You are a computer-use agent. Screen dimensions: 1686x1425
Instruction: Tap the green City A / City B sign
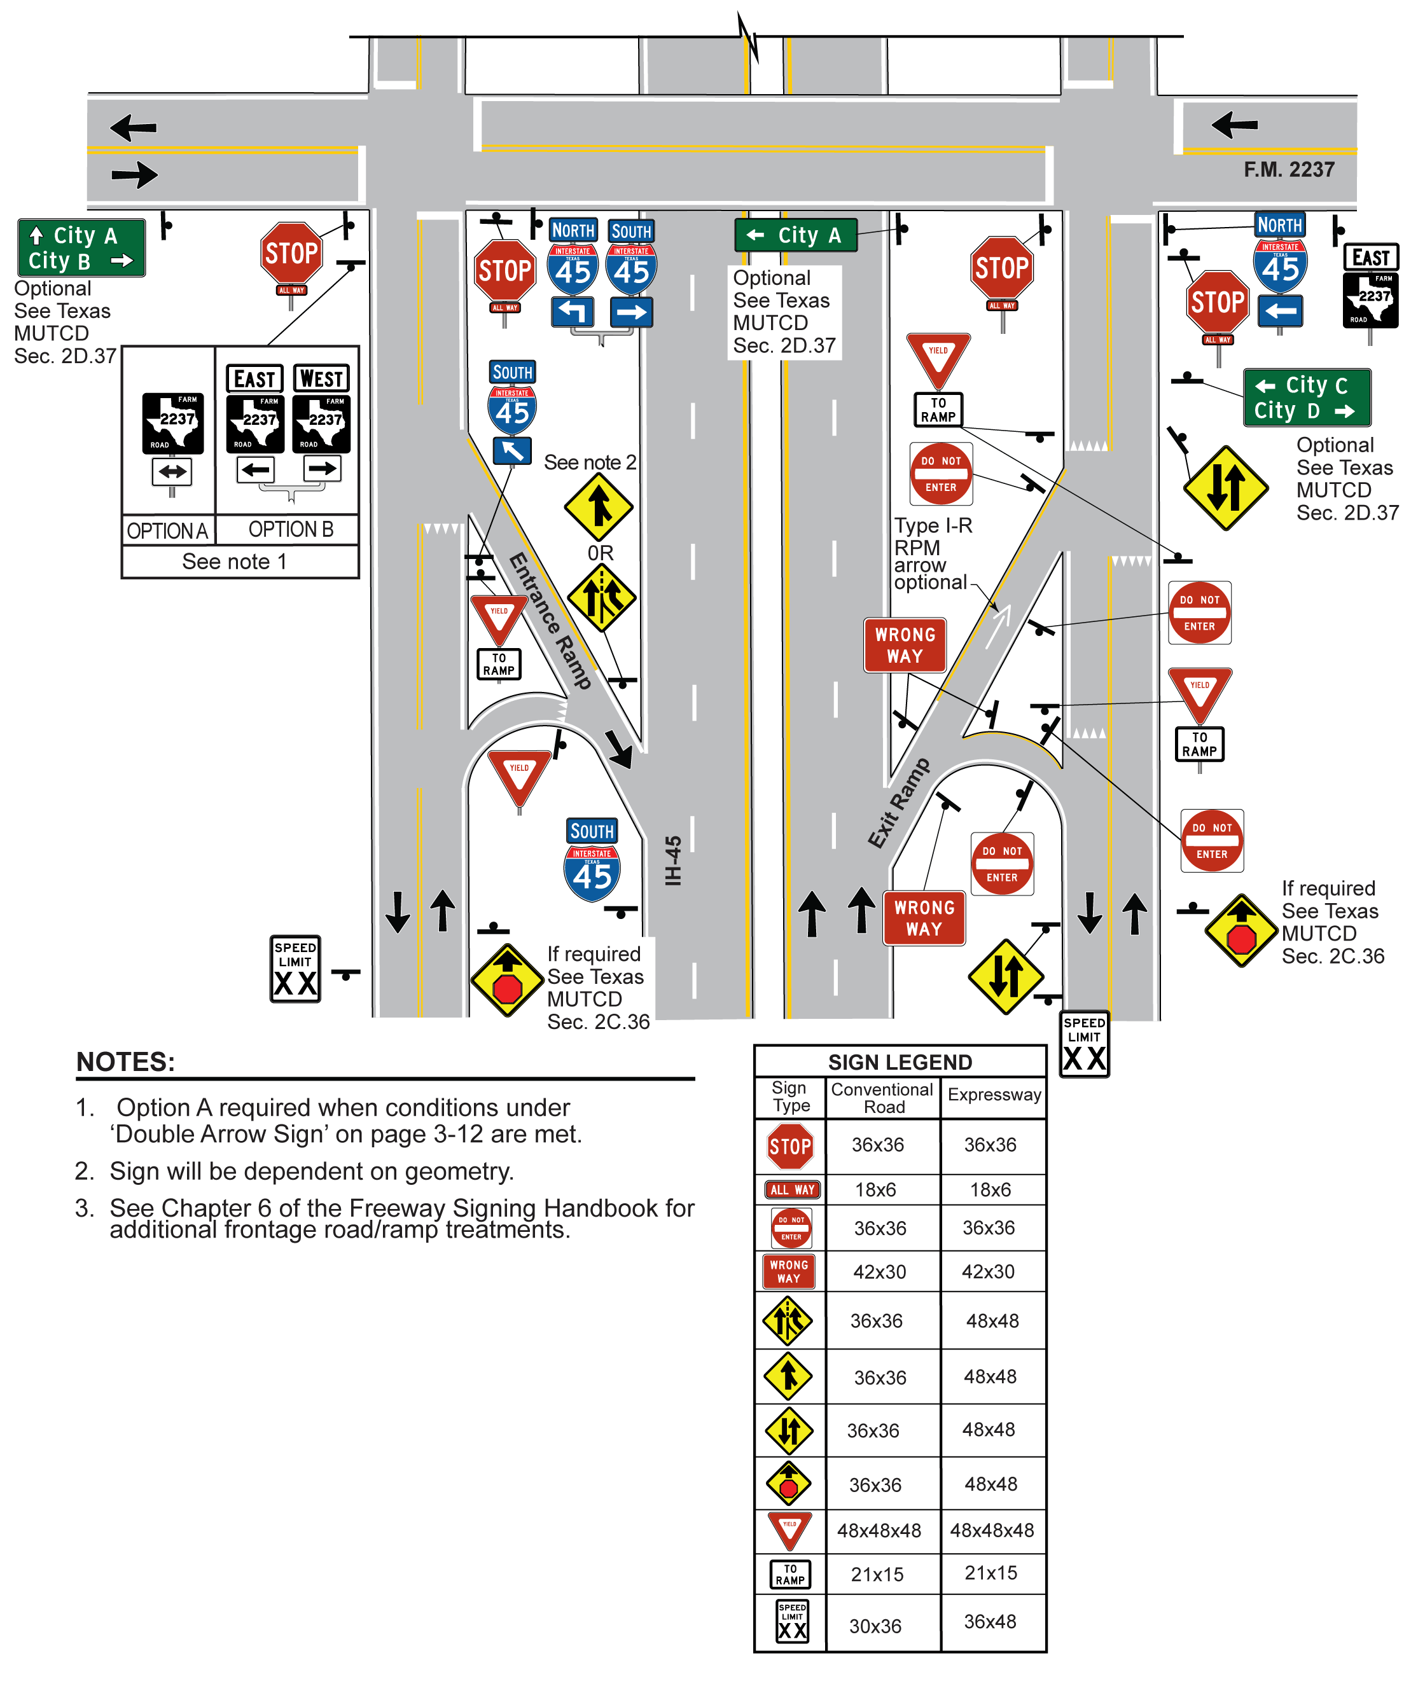click(81, 248)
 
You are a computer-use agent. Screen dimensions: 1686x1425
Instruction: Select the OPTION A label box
click(167, 530)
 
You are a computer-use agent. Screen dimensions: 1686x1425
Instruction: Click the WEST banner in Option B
click(321, 378)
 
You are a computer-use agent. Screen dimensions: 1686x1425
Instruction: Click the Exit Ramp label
click(898, 803)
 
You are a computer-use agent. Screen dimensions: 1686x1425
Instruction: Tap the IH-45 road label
click(673, 860)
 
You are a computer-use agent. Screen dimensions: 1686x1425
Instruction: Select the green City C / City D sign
click(1305, 397)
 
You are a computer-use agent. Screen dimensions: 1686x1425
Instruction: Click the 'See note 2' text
click(590, 463)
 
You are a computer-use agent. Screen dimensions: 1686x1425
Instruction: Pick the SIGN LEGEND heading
click(900, 1062)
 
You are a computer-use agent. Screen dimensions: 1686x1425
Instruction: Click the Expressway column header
click(994, 1095)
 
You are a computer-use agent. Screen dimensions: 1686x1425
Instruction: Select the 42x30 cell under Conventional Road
click(879, 1272)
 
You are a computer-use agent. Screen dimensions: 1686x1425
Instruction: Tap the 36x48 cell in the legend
click(990, 1621)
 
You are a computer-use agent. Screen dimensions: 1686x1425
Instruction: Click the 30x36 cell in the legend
click(875, 1626)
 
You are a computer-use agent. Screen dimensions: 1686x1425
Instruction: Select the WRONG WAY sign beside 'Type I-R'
click(905, 645)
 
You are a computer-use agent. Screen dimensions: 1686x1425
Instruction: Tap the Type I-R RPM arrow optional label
click(931, 554)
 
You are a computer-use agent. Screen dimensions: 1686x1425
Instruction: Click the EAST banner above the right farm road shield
click(1370, 258)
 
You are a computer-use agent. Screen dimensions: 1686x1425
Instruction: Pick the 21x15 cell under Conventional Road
click(877, 1574)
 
